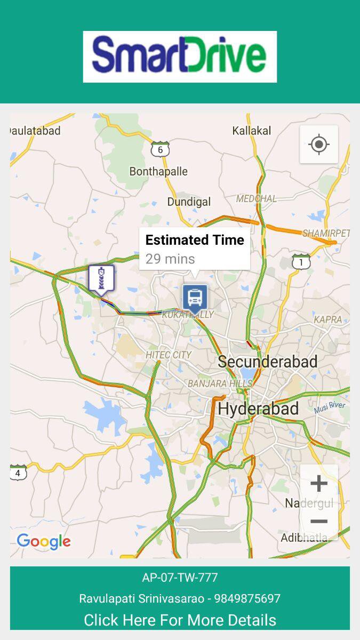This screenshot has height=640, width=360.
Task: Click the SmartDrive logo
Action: (x=180, y=57)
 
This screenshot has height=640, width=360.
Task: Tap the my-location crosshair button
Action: (x=319, y=144)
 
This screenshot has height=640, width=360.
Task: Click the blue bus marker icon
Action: (x=195, y=297)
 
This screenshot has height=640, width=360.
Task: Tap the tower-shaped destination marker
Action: (x=101, y=278)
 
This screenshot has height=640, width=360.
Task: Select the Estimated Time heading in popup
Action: (x=195, y=240)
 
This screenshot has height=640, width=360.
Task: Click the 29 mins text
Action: (x=170, y=259)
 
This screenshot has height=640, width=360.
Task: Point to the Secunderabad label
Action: (x=268, y=362)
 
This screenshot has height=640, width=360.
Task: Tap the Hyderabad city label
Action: (x=258, y=409)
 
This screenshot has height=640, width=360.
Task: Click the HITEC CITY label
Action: (x=169, y=355)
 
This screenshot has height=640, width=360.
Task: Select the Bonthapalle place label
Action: (x=158, y=171)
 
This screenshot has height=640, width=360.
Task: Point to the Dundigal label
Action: (x=189, y=202)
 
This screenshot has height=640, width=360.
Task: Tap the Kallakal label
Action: (x=252, y=131)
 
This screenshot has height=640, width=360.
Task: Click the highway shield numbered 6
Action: (x=160, y=149)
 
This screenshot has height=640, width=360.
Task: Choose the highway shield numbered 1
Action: (x=301, y=262)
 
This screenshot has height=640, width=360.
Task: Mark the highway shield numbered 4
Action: (x=18, y=473)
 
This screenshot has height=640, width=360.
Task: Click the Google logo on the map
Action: (x=44, y=541)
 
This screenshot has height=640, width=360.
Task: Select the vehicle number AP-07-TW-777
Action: (x=180, y=578)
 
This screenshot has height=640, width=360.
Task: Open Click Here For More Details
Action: (x=180, y=620)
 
